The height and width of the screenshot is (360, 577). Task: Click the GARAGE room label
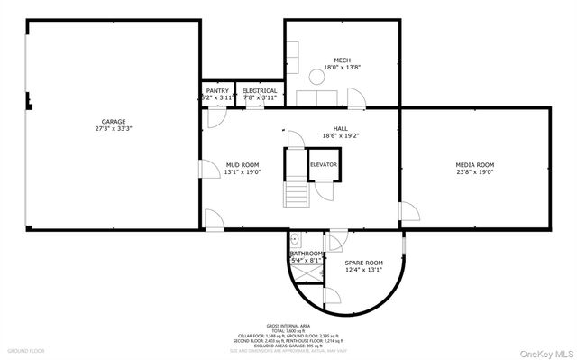pos(113,122)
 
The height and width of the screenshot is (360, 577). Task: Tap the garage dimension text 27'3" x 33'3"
pos(113,129)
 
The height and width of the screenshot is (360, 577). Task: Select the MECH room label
pos(342,60)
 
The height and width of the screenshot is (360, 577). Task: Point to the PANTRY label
pos(217,90)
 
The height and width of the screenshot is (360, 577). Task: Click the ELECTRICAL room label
pos(259,90)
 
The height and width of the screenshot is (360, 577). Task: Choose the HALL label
pos(341,129)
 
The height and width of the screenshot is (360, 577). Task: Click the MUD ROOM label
pos(242,164)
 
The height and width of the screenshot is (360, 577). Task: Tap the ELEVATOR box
pos(324,165)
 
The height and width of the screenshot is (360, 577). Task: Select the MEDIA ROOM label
pos(474,164)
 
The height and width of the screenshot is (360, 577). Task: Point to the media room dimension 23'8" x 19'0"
pos(474,171)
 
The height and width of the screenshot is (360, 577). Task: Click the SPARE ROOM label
pos(364,263)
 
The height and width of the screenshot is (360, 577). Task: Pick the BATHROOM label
pos(307,254)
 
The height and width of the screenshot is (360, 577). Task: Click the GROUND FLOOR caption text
pos(26,350)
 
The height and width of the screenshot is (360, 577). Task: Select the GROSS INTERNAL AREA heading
pos(288,325)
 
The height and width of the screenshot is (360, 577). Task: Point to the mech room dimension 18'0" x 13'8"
pos(342,67)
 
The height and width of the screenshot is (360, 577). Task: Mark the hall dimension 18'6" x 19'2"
pos(341,136)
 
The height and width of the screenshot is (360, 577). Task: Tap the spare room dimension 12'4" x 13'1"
pos(364,270)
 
